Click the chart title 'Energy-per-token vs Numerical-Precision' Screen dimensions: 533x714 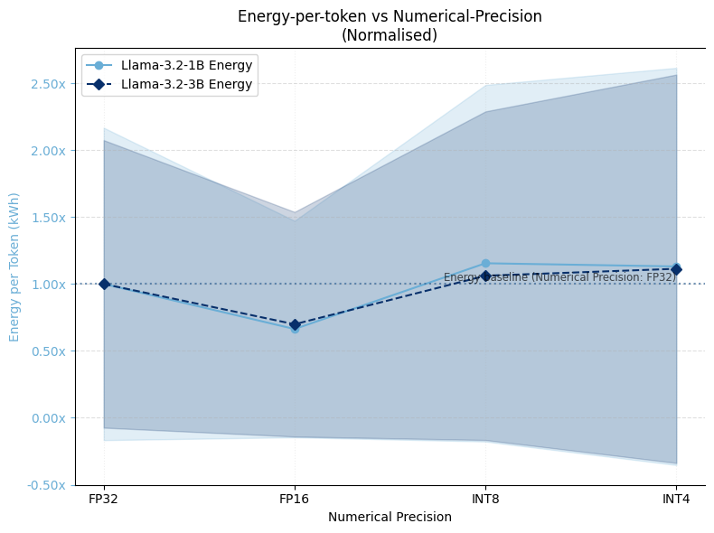[390, 16]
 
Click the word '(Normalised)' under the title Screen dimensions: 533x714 [390, 35]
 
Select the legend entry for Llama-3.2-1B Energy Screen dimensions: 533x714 [186, 65]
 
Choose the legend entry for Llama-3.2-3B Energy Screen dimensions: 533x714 [186, 85]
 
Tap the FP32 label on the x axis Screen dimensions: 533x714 [104, 499]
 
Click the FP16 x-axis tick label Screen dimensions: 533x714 [295, 499]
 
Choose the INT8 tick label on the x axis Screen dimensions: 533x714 [485, 499]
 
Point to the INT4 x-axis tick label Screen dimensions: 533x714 [676, 499]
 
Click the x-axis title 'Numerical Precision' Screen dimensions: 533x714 [390, 518]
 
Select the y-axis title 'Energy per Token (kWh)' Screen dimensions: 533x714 [14, 266]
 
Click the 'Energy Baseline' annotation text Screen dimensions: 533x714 [559, 277]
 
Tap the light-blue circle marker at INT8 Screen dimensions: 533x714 [485, 264]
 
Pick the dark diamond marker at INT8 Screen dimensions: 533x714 [485, 276]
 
